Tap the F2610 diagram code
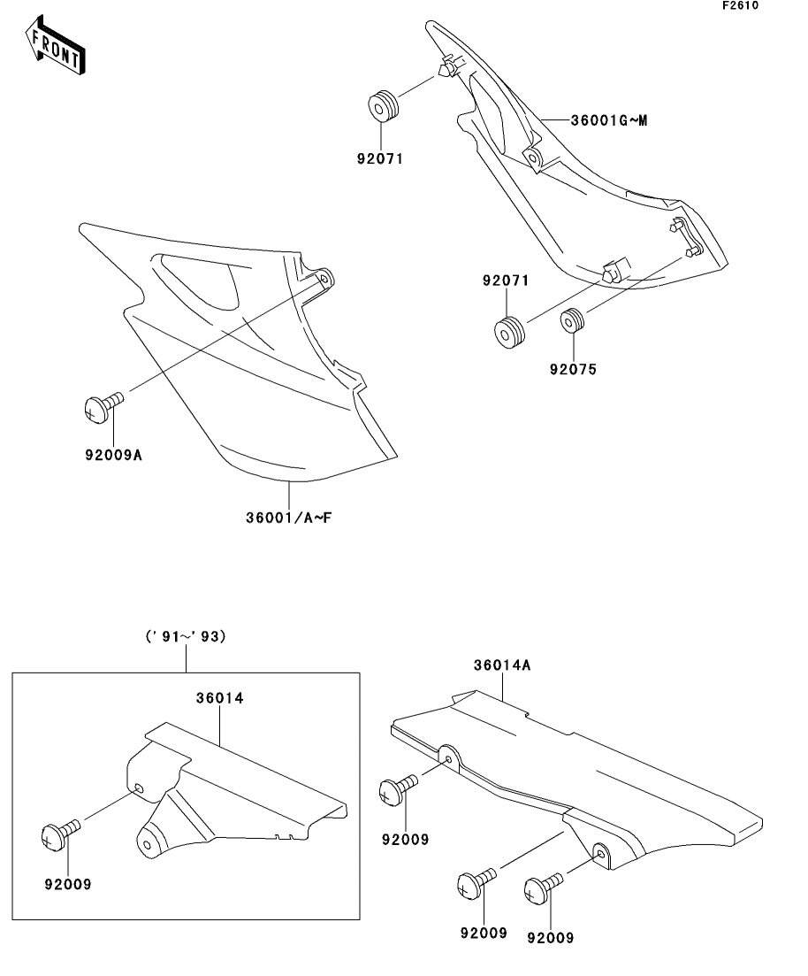[740, 5]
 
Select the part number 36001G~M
[609, 120]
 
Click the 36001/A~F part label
[288, 518]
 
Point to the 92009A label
[114, 455]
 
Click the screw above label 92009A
[103, 406]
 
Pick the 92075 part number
[573, 370]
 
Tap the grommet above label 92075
[573, 320]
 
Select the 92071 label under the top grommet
[380, 158]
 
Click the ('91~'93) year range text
[186, 636]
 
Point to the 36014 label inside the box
[219, 698]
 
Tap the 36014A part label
[502, 665]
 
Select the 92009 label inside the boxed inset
[68, 885]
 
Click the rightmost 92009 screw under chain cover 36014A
[544, 888]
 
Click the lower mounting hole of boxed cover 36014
[147, 845]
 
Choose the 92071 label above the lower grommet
[506, 281]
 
